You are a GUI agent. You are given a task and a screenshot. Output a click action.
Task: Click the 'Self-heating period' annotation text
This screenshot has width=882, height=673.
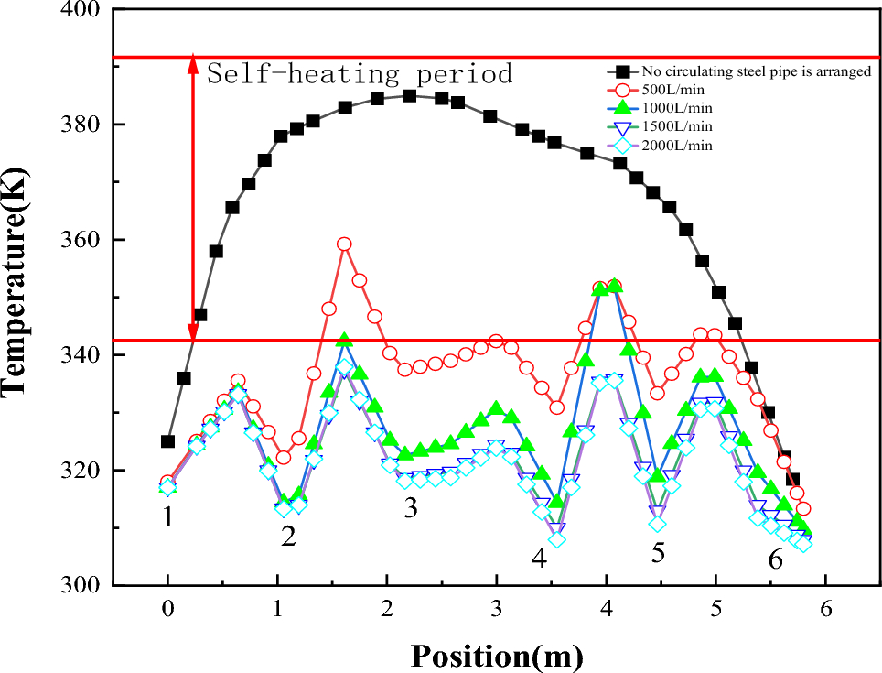[360, 73]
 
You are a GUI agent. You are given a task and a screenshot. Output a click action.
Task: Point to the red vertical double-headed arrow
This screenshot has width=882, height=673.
[192, 197]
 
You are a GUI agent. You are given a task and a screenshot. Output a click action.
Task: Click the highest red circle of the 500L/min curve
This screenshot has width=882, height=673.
[344, 244]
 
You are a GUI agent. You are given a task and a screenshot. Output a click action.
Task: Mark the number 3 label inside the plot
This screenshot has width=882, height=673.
[411, 509]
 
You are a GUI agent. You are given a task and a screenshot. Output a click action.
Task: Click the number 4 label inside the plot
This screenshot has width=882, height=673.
[539, 556]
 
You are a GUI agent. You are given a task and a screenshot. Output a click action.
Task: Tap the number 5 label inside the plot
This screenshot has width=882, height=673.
[658, 552]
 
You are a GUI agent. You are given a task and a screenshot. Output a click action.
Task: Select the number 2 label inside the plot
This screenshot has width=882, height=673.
[288, 537]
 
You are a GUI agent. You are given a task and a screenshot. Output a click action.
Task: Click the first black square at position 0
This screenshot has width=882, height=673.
[167, 441]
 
